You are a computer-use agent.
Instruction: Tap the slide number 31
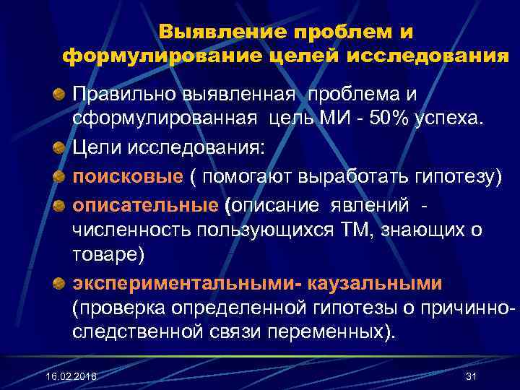(x=472, y=378)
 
